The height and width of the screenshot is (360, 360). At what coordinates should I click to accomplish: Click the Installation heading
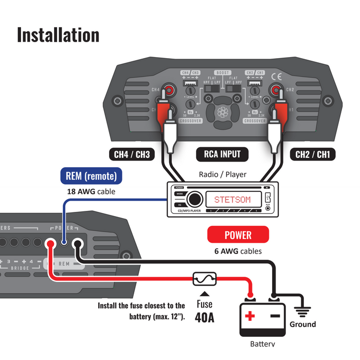(x=58, y=35)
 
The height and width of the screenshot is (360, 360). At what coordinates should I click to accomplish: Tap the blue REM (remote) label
(x=91, y=176)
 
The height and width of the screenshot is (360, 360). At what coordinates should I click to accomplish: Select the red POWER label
(x=238, y=235)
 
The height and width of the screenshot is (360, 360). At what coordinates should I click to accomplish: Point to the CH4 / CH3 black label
(x=132, y=154)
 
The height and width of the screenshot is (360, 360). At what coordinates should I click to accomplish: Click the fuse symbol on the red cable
(x=204, y=279)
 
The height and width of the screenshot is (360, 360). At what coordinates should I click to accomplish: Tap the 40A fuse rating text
(x=204, y=316)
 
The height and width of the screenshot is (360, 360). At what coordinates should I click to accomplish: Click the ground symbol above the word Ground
(x=302, y=310)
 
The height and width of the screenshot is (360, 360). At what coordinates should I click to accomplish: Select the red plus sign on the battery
(x=249, y=316)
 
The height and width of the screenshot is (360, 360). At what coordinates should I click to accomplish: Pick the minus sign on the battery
(x=275, y=316)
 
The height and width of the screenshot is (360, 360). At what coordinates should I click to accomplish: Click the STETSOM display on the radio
(x=232, y=199)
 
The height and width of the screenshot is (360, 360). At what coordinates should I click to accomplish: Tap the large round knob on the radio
(x=194, y=199)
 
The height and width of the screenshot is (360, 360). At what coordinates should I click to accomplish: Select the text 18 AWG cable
(x=91, y=192)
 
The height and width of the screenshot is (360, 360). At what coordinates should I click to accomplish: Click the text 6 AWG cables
(x=238, y=251)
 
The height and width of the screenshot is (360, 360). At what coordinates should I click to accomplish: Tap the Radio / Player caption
(x=222, y=174)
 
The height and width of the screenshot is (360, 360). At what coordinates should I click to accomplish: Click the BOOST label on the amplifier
(x=223, y=73)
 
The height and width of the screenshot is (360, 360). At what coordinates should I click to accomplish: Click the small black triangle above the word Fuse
(x=204, y=294)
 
